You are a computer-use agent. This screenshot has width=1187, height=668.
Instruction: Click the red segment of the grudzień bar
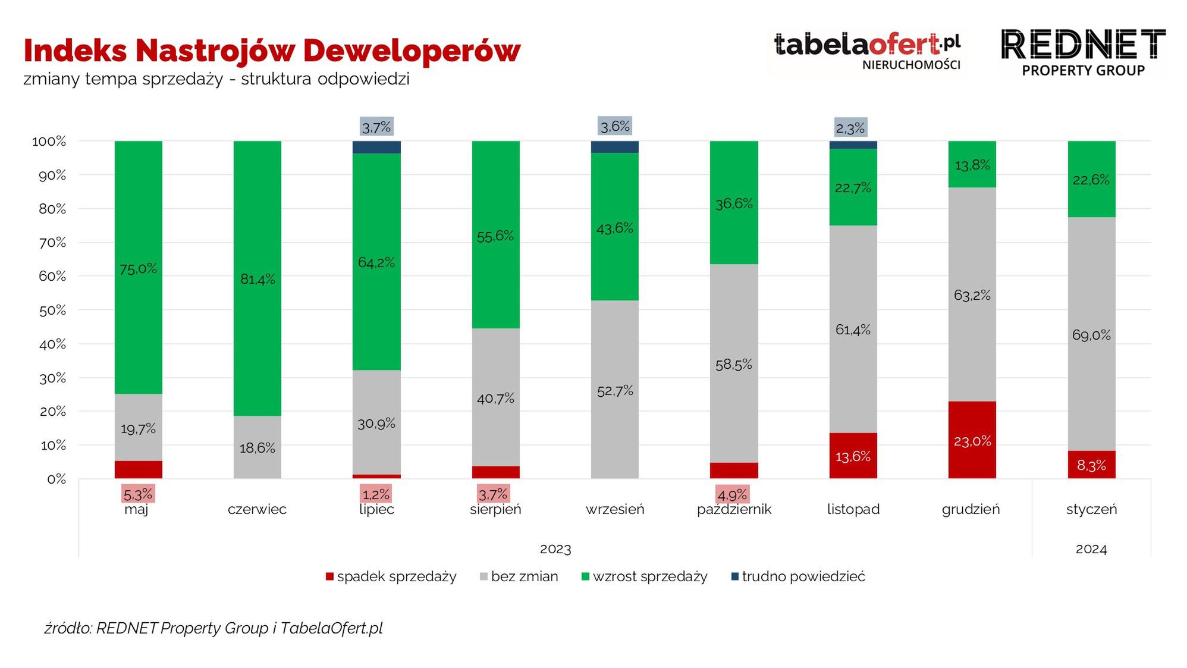pos(972,440)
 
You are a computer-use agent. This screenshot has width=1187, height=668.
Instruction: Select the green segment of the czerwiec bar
pos(257,278)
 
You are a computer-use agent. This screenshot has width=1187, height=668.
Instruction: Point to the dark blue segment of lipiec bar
pos(376,147)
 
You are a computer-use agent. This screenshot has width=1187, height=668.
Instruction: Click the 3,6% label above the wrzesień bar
pos(615,126)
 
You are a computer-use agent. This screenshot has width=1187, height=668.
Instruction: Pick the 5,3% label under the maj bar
pos(138,494)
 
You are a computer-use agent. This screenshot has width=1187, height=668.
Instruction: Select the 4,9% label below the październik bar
pos(732,494)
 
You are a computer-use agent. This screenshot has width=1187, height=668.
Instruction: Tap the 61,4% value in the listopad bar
pos(853,329)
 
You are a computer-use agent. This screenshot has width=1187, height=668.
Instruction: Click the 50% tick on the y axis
pos(52,310)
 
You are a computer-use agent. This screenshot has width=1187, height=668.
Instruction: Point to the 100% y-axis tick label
pos(49,142)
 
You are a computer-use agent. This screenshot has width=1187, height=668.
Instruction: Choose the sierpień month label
pos(495,509)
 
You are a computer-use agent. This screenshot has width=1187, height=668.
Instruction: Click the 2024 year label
pos(1091,549)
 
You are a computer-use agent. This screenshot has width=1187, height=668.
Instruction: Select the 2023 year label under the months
pos(555,549)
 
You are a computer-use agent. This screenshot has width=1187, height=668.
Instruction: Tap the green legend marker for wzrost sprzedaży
pos(585,576)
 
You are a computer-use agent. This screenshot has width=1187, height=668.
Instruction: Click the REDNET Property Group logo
pos(1083,52)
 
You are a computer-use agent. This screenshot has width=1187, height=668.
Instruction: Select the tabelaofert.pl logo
pos(867,51)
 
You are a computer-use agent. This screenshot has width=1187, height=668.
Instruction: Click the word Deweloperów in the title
pos(412,50)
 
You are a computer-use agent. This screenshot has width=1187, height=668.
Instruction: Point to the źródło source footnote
pos(213,628)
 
